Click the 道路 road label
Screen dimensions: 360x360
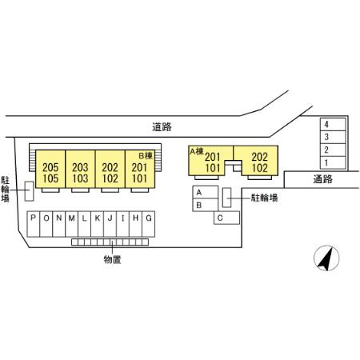point(162,127)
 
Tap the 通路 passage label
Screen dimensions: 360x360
point(322,179)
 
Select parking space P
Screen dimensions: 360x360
point(34,224)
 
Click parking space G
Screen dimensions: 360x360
point(148,224)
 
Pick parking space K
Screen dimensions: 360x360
point(98,224)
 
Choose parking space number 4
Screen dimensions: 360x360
point(333,124)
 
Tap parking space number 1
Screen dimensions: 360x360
point(333,162)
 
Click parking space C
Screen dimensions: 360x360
point(226,218)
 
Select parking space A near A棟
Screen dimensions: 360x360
point(206,192)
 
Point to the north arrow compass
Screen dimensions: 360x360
point(326,258)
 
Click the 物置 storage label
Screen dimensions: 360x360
point(112,259)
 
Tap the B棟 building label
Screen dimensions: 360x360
point(146,155)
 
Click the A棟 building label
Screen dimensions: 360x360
point(197,151)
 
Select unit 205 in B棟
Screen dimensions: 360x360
point(50,167)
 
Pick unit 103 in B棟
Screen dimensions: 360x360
point(80,178)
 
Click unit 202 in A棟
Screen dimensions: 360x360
point(259,157)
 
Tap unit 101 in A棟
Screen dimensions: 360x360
point(213,168)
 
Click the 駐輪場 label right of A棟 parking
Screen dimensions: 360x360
point(264,198)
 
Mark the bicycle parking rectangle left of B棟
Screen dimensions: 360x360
point(29,191)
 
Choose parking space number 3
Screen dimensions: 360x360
point(333,137)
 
